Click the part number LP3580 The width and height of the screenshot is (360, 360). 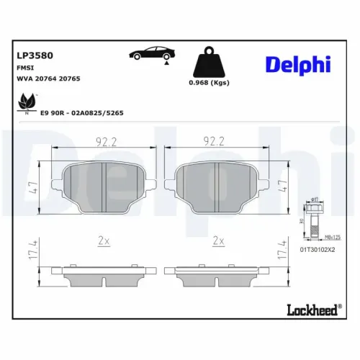pyautogui.click(x=33, y=54)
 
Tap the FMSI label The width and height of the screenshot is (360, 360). pyautogui.click(x=26, y=66)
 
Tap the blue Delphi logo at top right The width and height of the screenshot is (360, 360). pyautogui.click(x=297, y=64)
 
